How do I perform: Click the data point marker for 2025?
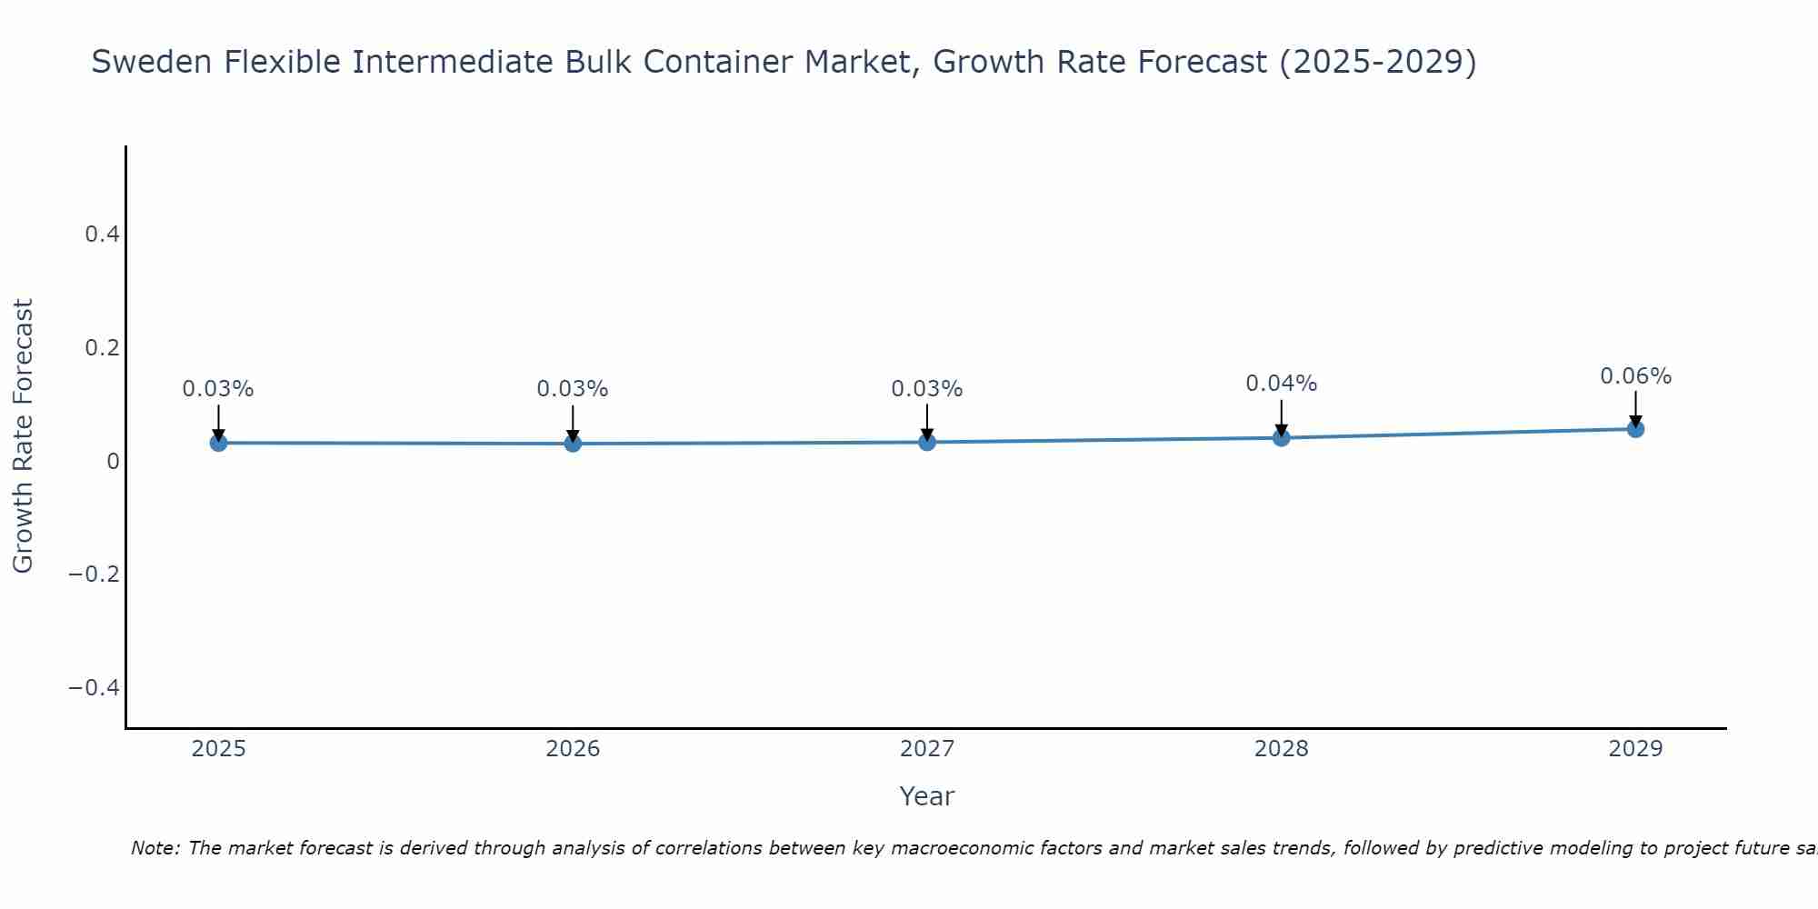[218, 443]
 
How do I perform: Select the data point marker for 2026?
[573, 444]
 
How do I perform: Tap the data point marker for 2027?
[927, 442]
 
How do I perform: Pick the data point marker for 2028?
[1282, 438]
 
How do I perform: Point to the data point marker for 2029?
[1635, 429]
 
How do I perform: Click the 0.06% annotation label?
[1635, 376]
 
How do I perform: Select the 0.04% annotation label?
[1281, 384]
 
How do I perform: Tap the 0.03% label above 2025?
[218, 389]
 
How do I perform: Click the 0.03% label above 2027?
[926, 389]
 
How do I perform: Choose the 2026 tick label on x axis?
[573, 749]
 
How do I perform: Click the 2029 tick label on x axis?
[1635, 749]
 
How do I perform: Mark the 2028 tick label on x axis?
[1281, 749]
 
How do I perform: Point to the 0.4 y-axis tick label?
[102, 235]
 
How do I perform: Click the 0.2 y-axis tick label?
[102, 348]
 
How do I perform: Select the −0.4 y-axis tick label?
[94, 687]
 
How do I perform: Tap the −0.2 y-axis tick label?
[94, 574]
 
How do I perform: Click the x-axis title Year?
[926, 796]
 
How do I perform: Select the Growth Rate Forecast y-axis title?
[23, 436]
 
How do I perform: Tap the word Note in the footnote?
[155, 848]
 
